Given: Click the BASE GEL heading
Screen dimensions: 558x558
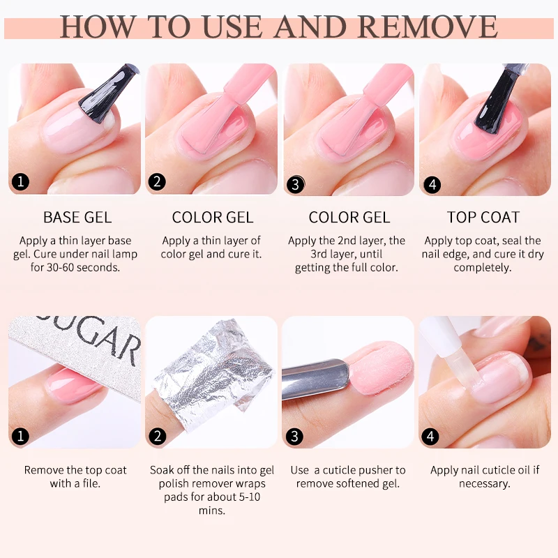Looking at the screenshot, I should [77, 218].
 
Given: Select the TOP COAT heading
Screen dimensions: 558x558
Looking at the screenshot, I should [483, 218].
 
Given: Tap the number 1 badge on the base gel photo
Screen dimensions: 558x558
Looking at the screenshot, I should [21, 183].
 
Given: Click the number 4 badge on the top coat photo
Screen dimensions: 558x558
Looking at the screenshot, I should [432, 185].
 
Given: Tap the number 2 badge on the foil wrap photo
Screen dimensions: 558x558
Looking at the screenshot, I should [158, 437].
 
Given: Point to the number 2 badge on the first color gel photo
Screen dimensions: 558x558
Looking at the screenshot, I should [158, 182].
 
